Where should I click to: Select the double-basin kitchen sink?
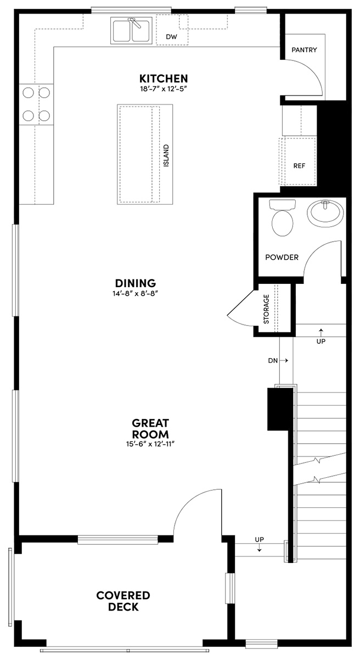click(132, 30)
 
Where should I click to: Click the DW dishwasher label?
click(171, 37)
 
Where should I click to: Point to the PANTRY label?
click(304, 50)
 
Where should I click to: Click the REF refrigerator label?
click(299, 165)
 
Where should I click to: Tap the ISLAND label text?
click(166, 156)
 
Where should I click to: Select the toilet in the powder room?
click(282, 219)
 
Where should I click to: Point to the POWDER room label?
click(282, 257)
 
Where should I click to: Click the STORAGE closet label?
click(267, 310)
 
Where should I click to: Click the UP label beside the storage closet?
click(321, 341)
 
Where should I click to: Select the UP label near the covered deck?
click(259, 539)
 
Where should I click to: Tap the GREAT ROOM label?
click(150, 428)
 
